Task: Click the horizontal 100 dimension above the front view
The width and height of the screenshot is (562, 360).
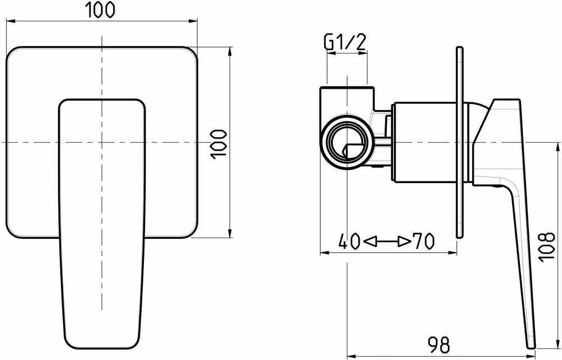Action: [102, 9]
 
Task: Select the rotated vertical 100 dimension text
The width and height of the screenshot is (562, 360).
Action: [218, 144]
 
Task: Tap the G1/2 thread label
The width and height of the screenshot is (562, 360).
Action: [346, 42]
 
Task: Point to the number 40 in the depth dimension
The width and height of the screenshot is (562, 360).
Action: [350, 241]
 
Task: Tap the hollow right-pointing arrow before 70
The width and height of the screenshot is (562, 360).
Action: [404, 242]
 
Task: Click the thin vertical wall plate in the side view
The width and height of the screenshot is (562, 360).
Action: [459, 144]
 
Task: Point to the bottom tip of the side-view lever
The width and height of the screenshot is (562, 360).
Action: [531, 344]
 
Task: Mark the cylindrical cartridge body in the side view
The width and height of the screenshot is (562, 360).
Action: [427, 144]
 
